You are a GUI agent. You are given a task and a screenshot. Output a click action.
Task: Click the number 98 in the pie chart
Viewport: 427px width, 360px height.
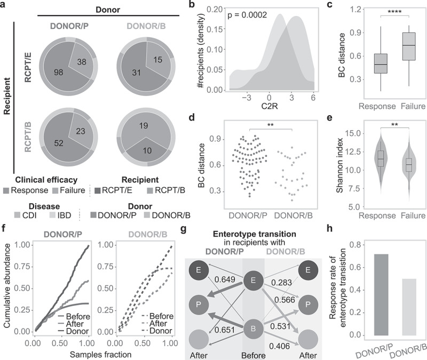point(59,73)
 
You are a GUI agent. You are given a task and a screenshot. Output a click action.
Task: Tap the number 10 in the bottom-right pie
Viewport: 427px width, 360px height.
point(147,150)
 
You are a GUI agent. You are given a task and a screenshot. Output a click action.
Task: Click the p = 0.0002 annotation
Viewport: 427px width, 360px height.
point(247,15)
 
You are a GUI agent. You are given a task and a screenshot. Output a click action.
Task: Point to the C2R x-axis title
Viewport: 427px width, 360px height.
point(270,106)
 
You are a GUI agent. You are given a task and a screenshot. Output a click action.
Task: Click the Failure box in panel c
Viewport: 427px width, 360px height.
point(409,46)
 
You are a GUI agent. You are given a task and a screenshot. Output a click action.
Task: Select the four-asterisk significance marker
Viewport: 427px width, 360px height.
point(394,12)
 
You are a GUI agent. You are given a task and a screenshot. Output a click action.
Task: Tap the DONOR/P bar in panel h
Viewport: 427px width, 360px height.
point(381,295)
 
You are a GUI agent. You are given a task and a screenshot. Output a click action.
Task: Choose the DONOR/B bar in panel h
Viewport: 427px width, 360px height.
point(409,307)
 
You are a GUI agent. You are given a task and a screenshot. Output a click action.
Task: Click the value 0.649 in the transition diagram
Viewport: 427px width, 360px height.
point(225,279)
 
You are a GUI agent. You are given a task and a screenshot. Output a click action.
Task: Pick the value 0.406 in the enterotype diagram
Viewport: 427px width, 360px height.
point(279,346)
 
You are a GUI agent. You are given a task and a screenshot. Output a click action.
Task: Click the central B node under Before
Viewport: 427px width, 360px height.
point(253,329)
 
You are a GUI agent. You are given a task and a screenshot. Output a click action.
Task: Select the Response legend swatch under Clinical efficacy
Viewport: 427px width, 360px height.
point(6,190)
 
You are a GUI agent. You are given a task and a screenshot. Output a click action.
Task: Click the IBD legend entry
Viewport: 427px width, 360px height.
point(60,215)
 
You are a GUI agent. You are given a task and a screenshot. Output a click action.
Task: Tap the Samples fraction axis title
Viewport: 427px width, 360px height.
point(101,355)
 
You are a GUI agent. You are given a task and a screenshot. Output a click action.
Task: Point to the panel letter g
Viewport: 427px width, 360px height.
point(184,230)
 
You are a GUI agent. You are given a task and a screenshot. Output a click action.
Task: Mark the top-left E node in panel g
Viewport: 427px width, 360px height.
point(199,270)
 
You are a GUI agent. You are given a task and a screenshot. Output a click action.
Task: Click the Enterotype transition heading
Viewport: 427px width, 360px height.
point(255,234)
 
